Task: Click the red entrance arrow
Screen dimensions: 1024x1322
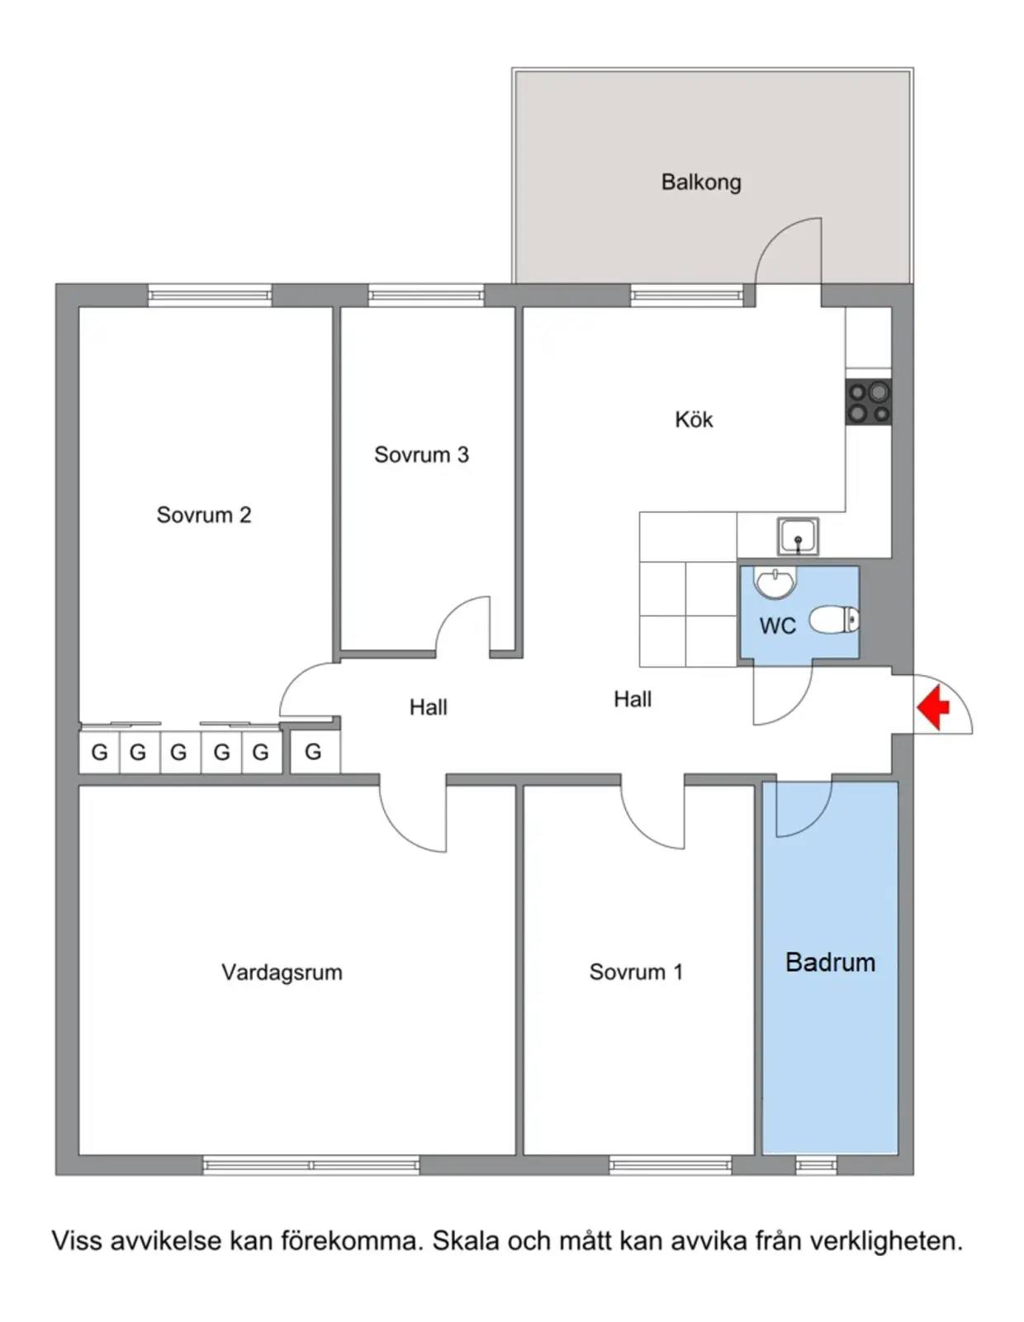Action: click(x=932, y=707)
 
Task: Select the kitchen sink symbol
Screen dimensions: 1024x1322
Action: click(x=797, y=536)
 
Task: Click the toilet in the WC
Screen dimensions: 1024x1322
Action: click(x=834, y=621)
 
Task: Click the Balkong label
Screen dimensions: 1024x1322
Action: click(x=701, y=182)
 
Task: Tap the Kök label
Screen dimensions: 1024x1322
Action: click(x=693, y=419)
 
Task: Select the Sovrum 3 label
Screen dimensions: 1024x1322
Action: click(x=421, y=454)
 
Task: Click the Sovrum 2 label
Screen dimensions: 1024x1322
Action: click(x=204, y=515)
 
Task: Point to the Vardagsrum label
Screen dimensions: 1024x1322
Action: click(x=282, y=972)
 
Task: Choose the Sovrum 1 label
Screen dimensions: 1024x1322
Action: click(x=636, y=972)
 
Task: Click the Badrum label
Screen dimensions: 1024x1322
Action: click(x=830, y=962)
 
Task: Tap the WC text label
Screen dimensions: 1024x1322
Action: click(x=778, y=625)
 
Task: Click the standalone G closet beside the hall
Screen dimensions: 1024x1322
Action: click(x=314, y=752)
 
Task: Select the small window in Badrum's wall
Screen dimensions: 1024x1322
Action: click(x=816, y=1165)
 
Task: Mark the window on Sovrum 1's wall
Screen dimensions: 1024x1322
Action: click(x=671, y=1165)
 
